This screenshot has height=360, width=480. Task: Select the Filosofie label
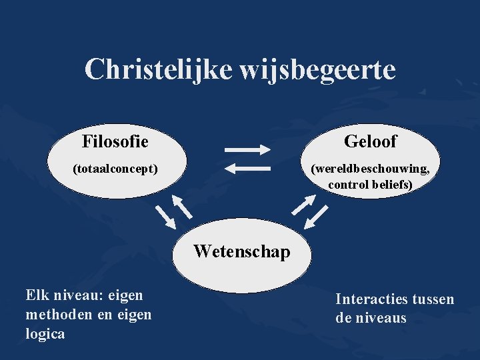(115, 141)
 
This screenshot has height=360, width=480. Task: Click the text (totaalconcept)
(115, 169)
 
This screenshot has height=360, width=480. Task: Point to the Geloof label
(370, 141)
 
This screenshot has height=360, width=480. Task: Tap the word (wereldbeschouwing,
(371, 169)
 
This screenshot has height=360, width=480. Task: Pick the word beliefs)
(394, 184)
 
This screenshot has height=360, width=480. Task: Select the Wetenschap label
(242, 251)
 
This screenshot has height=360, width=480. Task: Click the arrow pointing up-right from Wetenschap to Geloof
(303, 205)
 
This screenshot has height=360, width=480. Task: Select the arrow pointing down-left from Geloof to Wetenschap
(319, 216)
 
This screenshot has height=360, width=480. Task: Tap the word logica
(45, 334)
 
